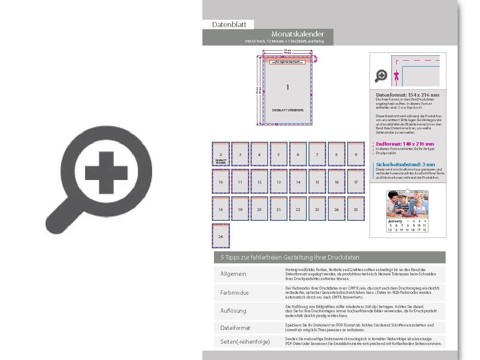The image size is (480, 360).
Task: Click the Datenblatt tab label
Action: (x=229, y=24)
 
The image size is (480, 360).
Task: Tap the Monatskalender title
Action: (x=297, y=34)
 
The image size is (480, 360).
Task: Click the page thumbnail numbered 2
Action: (x=220, y=154)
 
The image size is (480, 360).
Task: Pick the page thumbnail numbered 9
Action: (x=355, y=154)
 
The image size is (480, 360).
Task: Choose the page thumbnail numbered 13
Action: (x=278, y=182)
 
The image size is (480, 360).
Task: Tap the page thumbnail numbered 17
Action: (x=355, y=182)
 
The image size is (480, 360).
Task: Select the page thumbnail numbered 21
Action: (x=278, y=209)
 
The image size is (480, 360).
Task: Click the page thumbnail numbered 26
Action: (x=220, y=236)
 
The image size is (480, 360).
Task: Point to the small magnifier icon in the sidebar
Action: (x=381, y=76)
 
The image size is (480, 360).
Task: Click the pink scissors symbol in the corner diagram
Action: (x=397, y=76)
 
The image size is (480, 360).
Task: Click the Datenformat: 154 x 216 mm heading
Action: (x=407, y=95)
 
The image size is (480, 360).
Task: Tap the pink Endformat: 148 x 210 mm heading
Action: (x=405, y=144)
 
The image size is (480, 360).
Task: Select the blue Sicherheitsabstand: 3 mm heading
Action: (x=405, y=165)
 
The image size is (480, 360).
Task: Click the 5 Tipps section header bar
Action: (x=330, y=257)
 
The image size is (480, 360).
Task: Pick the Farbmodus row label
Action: (x=235, y=293)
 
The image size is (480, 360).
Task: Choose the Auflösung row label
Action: (x=233, y=311)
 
